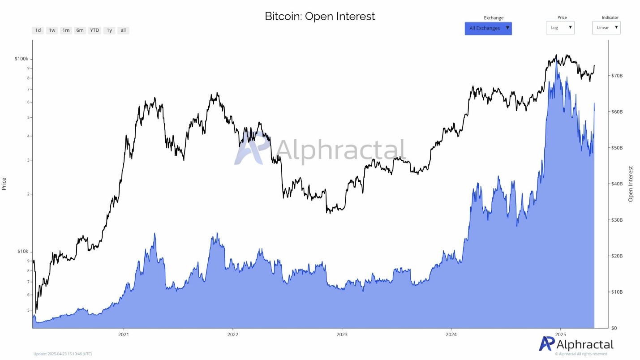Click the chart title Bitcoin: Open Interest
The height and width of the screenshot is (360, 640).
[x=320, y=17]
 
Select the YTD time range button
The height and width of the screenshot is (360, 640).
[x=94, y=30]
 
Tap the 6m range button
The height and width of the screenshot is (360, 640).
[x=80, y=30]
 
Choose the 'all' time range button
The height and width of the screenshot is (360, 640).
[x=123, y=30]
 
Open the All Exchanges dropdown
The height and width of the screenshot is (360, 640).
[x=488, y=28]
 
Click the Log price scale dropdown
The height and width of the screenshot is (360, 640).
[x=560, y=28]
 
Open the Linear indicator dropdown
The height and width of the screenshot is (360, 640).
[x=606, y=28]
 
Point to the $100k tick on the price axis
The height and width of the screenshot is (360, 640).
[x=21, y=59]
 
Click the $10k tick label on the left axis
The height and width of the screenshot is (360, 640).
[x=23, y=251]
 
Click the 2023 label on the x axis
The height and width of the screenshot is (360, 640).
[x=342, y=334]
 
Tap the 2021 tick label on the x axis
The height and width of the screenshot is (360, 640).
[x=124, y=334]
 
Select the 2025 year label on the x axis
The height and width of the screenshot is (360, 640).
[x=561, y=334]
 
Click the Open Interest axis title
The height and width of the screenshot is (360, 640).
[x=631, y=184]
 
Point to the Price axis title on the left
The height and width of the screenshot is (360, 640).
[x=4, y=184]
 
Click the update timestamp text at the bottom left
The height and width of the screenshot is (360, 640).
[x=63, y=354]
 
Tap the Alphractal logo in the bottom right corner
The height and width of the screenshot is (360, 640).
[x=576, y=344]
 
